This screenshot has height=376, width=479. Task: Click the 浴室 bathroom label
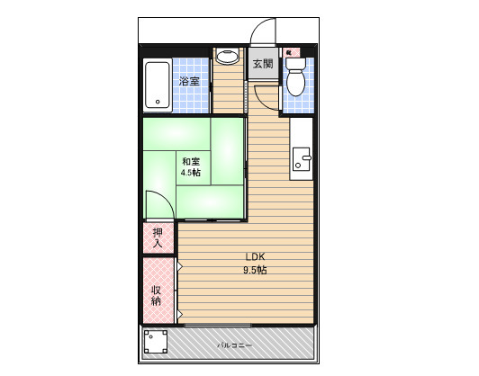coord(189,82)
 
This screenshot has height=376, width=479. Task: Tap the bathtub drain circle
coord(158,102)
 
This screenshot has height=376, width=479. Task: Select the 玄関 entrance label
coord(263,64)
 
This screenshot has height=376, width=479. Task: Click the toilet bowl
coord(295,83)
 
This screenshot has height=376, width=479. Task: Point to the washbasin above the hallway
coord(227,56)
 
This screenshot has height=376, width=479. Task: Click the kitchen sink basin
coord(302,159)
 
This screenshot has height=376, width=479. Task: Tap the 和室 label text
coord(191,161)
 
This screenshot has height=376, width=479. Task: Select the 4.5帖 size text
coord(191,173)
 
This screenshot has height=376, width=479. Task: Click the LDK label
coord(255,256)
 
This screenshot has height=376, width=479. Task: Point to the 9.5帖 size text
coord(255,270)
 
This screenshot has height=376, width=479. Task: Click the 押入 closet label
coord(158,238)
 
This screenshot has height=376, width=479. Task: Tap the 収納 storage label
coord(156,295)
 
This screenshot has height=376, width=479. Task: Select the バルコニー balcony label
coord(235,345)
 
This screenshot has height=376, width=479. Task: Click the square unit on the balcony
coord(156,341)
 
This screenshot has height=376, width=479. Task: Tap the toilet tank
coord(295,64)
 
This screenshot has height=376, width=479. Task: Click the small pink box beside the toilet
coord(292,52)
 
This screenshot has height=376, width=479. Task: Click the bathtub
coord(158,85)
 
